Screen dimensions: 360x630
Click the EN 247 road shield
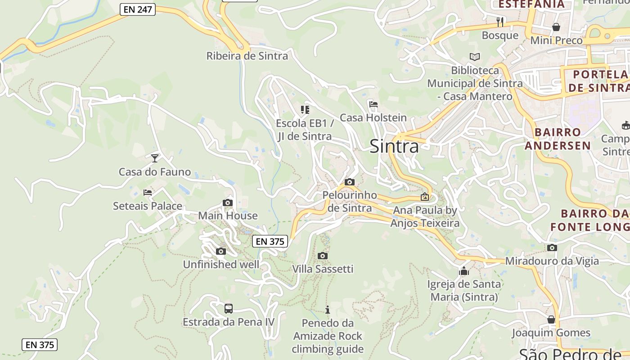[x=138, y=9]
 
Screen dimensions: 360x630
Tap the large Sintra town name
[x=394, y=146]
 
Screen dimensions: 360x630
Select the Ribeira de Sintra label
[x=247, y=56]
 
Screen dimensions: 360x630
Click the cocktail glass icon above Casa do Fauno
[x=155, y=158]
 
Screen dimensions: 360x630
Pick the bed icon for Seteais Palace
[x=148, y=193]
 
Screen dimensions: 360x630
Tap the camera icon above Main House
[x=228, y=202]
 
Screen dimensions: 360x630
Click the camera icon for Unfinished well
[x=220, y=251]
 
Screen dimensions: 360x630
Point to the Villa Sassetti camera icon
[x=322, y=256]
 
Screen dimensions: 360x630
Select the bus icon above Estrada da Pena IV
[x=229, y=309]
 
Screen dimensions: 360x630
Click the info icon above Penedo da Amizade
[x=328, y=310]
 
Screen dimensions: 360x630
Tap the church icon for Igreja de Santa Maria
[x=464, y=271]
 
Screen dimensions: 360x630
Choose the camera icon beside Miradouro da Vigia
[x=552, y=247]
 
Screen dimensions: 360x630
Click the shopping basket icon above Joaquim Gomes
[x=551, y=319]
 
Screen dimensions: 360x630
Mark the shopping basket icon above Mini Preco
[x=556, y=27]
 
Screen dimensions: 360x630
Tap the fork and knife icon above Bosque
[x=500, y=22]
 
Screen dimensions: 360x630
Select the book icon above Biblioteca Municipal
[x=475, y=57]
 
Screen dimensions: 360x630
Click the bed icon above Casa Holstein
[x=373, y=104]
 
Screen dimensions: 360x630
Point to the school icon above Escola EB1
[x=305, y=109]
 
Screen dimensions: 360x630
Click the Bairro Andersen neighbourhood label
[x=558, y=139]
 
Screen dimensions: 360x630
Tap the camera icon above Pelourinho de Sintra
[x=349, y=182]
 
